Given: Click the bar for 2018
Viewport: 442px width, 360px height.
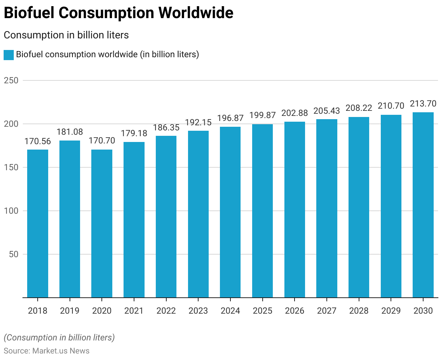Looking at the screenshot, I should click(x=38, y=223).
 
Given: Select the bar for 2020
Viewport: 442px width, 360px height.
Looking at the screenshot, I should click(x=102, y=223).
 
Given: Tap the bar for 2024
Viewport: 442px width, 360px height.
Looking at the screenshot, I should click(x=230, y=212).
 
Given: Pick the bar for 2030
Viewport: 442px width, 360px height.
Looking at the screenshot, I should click(x=423, y=205).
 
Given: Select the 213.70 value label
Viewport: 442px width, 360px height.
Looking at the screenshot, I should click(x=423, y=104).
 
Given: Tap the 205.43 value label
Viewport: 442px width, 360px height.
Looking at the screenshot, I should click(x=327, y=111).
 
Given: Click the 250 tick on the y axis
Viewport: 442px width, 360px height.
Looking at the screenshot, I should click(x=11, y=80).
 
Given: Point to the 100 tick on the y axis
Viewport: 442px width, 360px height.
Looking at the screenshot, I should click(x=11, y=211).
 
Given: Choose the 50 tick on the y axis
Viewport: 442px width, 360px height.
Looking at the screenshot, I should click(x=13, y=254).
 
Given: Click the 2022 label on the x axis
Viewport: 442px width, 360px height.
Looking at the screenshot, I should click(x=166, y=311).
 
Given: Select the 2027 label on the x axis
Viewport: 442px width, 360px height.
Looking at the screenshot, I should click(x=327, y=311).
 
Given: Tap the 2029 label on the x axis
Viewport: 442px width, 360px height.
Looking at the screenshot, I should click(x=391, y=311).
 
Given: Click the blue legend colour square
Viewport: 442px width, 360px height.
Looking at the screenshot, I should click(x=9, y=55).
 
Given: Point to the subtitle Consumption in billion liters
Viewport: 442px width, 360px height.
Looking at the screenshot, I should click(x=66, y=35).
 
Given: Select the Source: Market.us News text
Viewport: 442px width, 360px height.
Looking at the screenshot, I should click(x=46, y=351).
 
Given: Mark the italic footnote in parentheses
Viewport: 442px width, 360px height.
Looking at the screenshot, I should click(x=59, y=338).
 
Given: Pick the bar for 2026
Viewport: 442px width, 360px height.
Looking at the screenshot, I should click(x=295, y=210).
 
